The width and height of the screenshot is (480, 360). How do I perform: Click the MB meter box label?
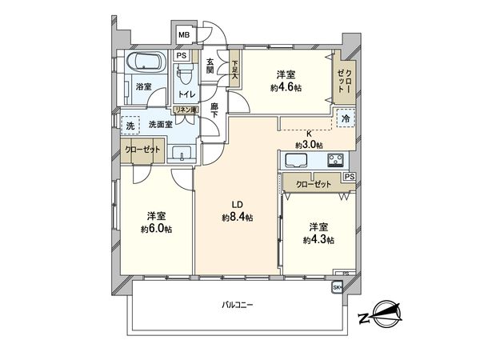pyautogui.click(x=183, y=34)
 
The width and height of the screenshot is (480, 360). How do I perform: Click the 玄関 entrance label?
pyautogui.click(x=210, y=66)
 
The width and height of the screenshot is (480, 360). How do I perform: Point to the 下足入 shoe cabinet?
pyautogui.click(x=235, y=70)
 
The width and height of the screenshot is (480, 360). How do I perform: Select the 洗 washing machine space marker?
pyautogui.click(x=129, y=126)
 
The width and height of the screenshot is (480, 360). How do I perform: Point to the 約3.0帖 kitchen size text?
pyautogui.click(x=309, y=145)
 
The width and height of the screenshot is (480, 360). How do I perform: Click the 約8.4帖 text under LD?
pyautogui.click(x=238, y=217)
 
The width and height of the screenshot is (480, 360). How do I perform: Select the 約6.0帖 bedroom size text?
pyautogui.click(x=158, y=229)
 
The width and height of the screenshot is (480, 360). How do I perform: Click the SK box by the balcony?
pyautogui.click(x=336, y=288)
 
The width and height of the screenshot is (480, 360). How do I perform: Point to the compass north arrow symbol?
pyautogui.click(x=382, y=313)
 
